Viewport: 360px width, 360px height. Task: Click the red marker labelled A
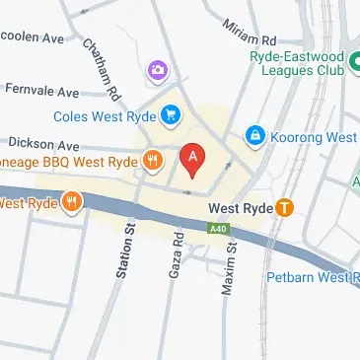pos(193,158)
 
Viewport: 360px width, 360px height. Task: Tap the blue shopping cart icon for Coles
pos(172,115)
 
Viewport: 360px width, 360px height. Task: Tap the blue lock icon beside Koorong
pos(254,133)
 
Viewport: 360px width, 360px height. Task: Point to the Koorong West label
pos(314,137)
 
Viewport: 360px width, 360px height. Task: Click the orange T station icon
pos(285,208)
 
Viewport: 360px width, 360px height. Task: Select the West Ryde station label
pos(238,208)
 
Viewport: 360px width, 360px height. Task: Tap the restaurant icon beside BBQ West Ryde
pos(152,158)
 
